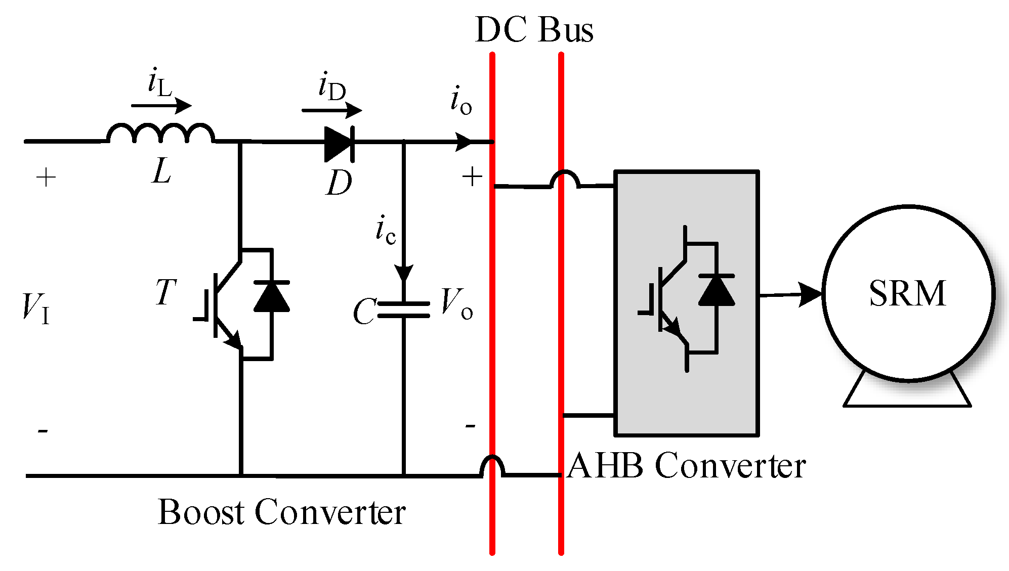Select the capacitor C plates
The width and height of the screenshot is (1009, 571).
[403, 310]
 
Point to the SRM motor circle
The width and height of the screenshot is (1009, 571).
[908, 293]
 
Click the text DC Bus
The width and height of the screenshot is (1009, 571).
[534, 30]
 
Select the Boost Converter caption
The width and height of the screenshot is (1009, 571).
[281, 512]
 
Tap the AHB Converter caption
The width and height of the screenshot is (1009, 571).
[686, 466]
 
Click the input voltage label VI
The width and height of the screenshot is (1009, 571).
[36, 308]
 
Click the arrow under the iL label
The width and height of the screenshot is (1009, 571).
[161, 106]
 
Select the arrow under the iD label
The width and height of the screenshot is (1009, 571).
[332, 110]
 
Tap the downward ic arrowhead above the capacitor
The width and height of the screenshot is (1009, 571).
[404, 273]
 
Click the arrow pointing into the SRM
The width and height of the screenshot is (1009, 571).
[791, 294]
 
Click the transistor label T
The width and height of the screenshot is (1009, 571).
[165, 292]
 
